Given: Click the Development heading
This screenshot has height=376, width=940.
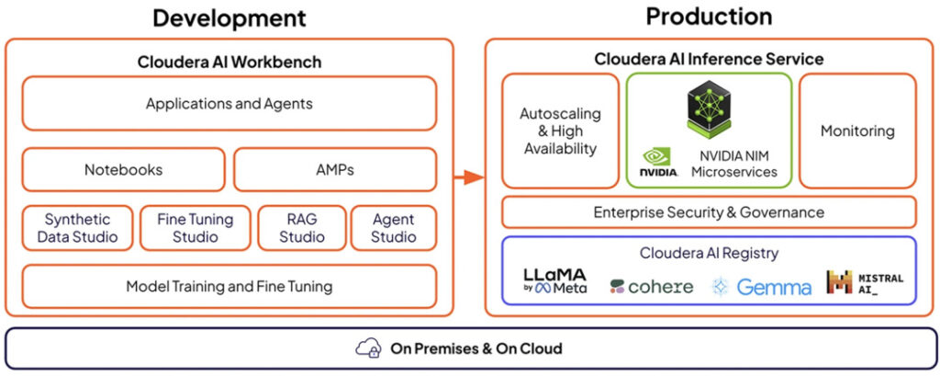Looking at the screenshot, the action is pos(229,18).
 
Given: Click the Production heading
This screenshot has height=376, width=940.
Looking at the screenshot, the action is pos(709,17).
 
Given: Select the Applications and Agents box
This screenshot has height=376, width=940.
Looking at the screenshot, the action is pos(229,103).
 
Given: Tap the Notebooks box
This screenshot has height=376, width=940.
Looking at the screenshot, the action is pos(124,169).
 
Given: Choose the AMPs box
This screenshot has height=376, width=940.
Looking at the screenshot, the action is pos(334,169).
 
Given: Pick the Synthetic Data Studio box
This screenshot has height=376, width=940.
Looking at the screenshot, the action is pos(77,228).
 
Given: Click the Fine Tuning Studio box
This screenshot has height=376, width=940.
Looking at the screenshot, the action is pos(195,228).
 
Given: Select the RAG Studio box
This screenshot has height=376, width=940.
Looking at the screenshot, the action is pos(301,228).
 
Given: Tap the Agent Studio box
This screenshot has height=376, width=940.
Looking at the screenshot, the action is pos(393,228).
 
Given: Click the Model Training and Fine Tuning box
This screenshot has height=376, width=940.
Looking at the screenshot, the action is pos(229,287).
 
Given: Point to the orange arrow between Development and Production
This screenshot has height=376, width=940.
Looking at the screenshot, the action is pos(469,177).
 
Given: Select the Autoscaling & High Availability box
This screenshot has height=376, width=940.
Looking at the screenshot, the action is pos(560,131).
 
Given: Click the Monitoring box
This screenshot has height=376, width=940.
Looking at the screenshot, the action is pos(857,131).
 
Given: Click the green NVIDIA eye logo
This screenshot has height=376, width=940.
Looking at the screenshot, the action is pos(657,156).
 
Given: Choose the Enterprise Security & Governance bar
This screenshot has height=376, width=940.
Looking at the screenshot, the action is pos(709,212).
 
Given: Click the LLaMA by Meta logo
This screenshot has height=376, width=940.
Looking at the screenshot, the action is pos(555,280).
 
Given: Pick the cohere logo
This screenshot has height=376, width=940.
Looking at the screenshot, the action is pos(651,287).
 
